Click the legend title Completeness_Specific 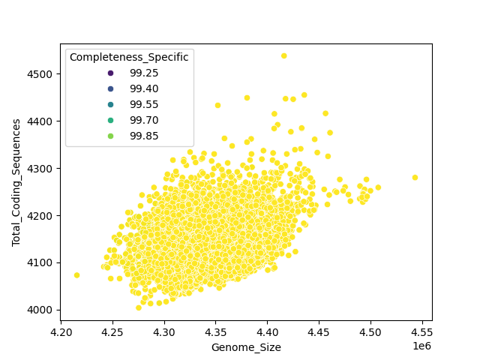click(x=129, y=57)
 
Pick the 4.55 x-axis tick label click(x=421, y=331)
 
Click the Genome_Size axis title click(x=246, y=347)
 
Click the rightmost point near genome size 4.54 click(x=415, y=178)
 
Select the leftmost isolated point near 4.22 click(x=76, y=275)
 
